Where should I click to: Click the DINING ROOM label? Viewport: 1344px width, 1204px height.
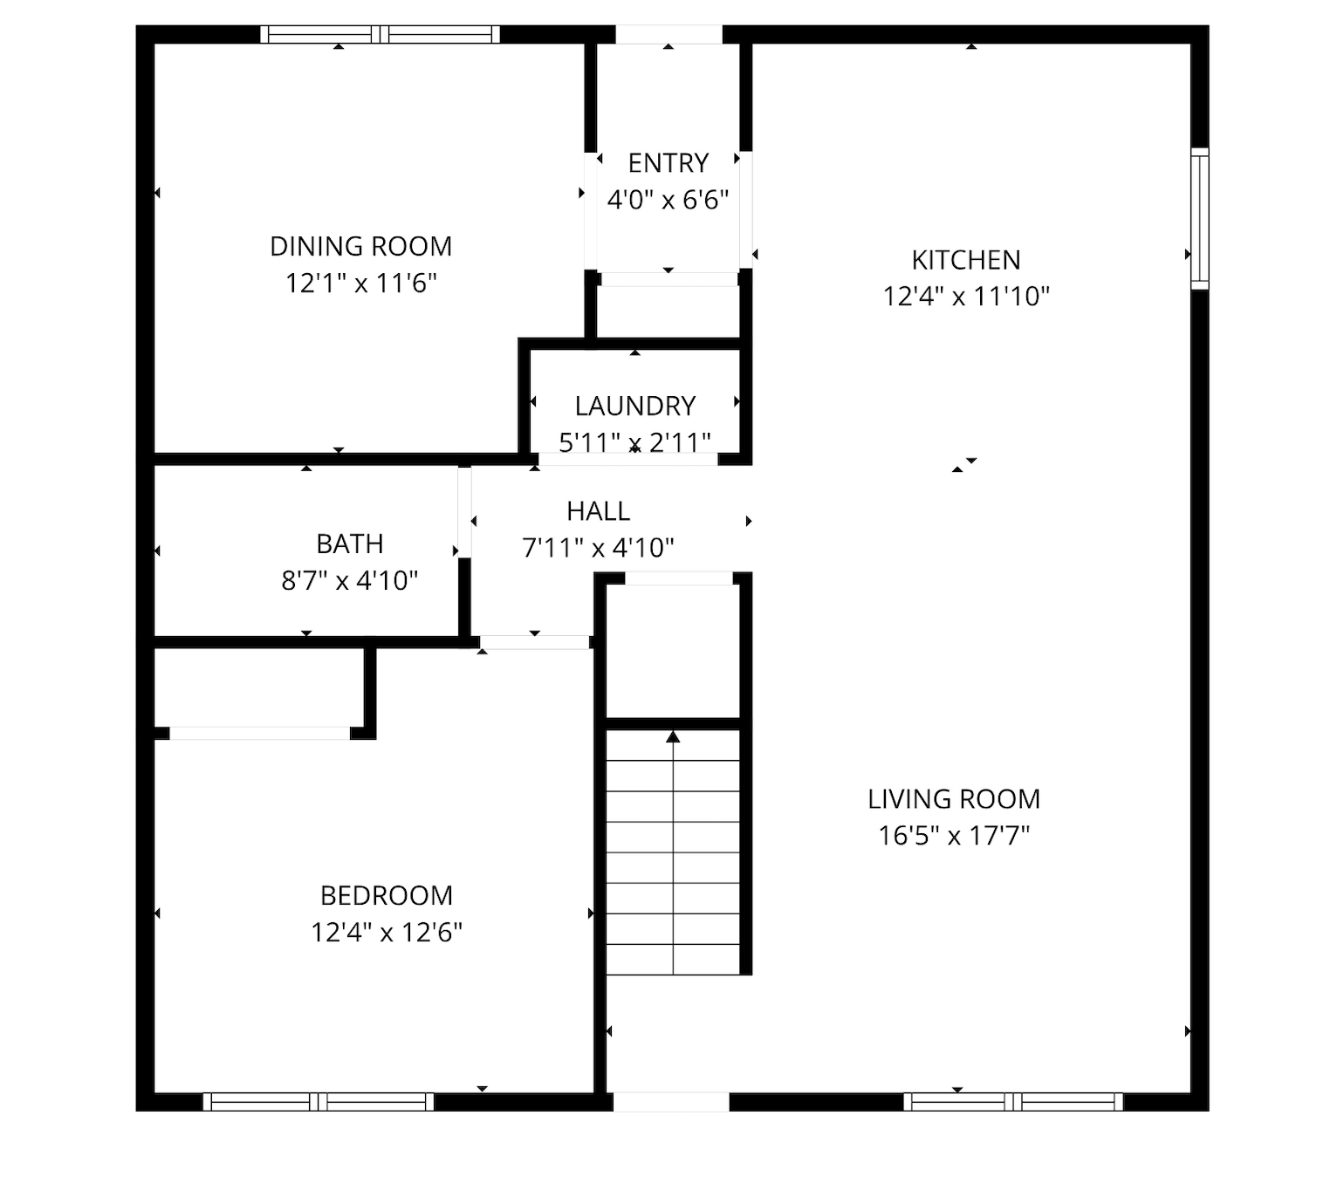361,246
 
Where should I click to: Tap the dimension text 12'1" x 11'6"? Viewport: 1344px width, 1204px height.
361,284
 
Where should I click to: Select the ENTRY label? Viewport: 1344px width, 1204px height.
668,163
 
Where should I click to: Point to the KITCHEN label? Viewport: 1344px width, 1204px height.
966,260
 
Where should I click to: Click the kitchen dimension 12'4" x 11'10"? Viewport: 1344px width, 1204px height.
966,297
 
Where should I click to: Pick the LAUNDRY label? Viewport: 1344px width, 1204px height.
634,406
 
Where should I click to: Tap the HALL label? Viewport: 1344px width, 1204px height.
599,511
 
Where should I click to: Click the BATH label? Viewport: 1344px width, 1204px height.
350,544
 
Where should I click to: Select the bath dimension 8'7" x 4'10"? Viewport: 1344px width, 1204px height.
350,580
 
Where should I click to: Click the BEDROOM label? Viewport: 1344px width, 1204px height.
387,895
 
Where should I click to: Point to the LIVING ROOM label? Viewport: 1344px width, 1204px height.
954,798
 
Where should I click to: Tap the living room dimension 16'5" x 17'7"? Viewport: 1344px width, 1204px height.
954,836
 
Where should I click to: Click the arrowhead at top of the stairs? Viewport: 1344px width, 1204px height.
674,736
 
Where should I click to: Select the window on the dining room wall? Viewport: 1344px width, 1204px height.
380,35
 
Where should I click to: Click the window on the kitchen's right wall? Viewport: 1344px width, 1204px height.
1199,219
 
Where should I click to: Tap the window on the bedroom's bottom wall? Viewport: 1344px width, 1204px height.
319,1102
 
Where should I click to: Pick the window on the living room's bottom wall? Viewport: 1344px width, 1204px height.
1013,1102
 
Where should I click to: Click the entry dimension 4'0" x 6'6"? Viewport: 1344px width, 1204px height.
668,200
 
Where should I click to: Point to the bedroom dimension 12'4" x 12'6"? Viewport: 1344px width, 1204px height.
387,933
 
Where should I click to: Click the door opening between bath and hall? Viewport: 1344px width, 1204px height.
464,512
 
